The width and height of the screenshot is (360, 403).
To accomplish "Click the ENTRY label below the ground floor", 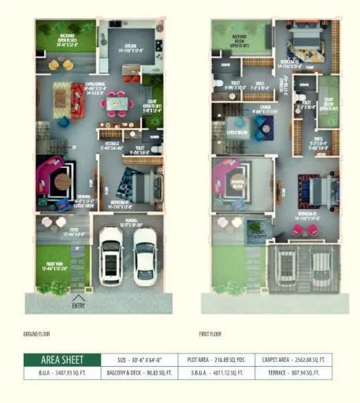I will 79,305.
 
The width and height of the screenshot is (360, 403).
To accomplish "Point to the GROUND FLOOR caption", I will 37,334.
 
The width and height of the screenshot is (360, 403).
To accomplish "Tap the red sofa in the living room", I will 77,100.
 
